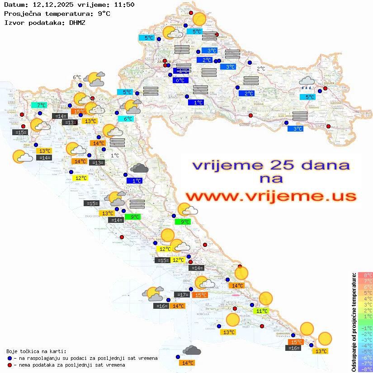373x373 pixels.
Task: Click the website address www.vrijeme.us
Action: click(x=270, y=196)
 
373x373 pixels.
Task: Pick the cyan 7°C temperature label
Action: click(x=39, y=105)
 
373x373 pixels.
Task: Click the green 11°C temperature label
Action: click(x=261, y=311)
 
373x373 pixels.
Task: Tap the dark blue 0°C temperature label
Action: click(x=180, y=80)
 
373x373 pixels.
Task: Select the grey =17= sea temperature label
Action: click(x=182, y=295)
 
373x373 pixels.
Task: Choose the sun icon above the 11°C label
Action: click(x=265, y=298)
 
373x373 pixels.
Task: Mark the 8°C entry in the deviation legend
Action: click(x=365, y=275)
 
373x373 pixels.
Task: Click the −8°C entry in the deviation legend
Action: click(x=365, y=369)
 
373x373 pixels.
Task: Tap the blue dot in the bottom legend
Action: click(x=9, y=358)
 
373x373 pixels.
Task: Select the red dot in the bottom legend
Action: click(x=9, y=365)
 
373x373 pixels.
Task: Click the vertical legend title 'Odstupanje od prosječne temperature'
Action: click(x=354, y=322)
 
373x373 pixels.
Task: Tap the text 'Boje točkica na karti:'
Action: click(x=36, y=351)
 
